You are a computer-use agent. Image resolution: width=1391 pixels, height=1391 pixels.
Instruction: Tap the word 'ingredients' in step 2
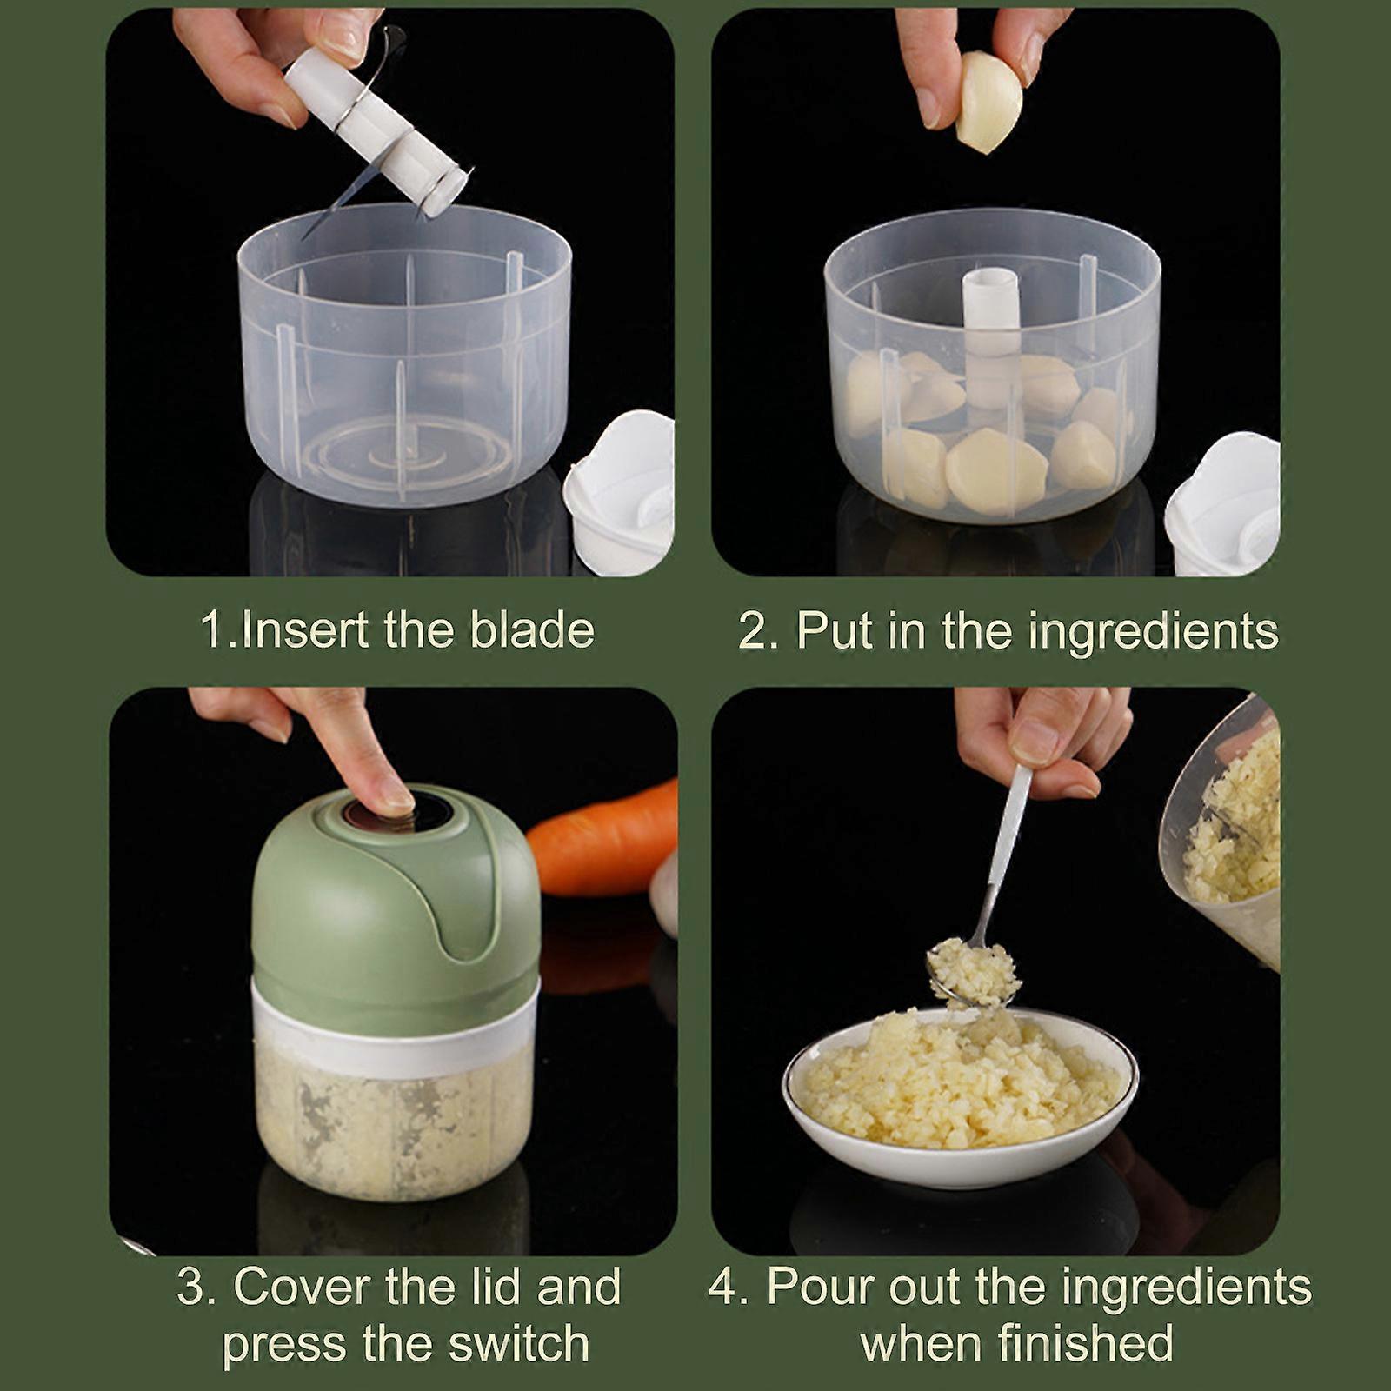click(x=1153, y=633)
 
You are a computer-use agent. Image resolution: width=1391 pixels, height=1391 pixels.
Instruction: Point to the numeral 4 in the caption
click(x=722, y=1287)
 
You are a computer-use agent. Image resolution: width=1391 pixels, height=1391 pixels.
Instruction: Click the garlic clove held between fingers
click(x=989, y=101)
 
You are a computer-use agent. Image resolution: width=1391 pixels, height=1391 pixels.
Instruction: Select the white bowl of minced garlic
click(x=960, y=1095)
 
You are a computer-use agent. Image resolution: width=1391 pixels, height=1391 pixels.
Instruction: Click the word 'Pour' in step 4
click(x=818, y=1287)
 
